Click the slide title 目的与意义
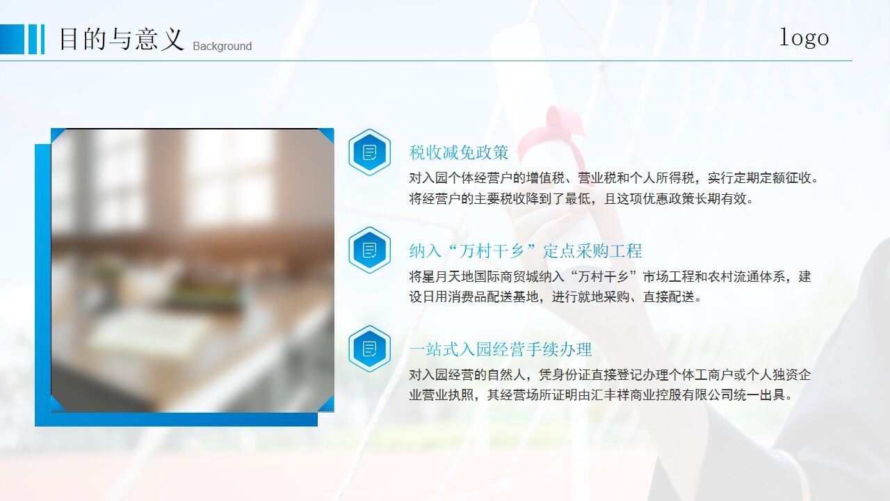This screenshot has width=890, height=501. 121,39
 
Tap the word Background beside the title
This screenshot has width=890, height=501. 222,47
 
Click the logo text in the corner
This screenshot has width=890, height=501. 804,37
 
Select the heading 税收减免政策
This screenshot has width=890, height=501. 459,152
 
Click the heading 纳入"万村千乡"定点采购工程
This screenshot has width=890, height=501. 525,250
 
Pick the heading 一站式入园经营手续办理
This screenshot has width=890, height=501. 500,349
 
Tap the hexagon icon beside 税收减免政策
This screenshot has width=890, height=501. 369,152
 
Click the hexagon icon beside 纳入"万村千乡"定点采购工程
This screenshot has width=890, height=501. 369,250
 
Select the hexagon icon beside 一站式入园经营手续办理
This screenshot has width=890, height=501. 369,349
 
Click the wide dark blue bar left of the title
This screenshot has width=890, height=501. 12,39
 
